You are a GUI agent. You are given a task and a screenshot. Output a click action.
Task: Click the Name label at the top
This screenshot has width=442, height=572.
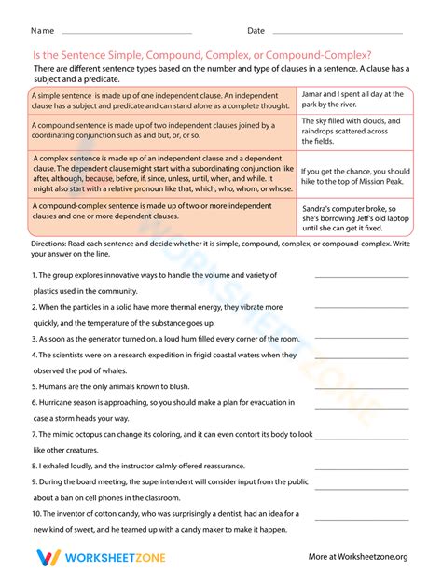click(x=43, y=31)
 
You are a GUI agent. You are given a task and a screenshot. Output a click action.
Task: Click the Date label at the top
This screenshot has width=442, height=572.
click(x=256, y=31)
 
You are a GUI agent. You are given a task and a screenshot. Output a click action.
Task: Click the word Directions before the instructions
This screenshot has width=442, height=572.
click(x=53, y=243)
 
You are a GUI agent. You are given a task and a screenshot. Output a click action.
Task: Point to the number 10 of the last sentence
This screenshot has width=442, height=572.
click(x=36, y=513)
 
